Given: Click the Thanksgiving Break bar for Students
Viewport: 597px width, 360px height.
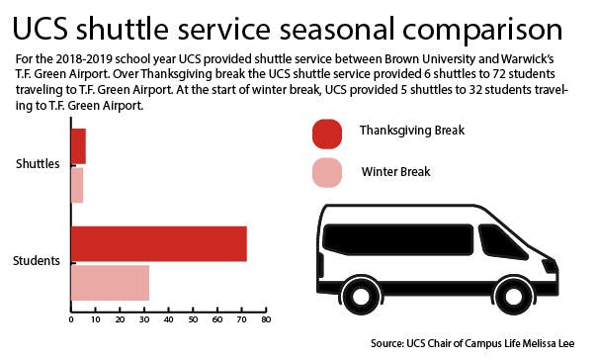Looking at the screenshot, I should pos(158,243).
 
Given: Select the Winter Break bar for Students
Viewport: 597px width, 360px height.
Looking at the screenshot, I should pos(110,282).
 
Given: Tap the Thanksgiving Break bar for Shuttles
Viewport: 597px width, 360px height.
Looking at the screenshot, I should pos(78,146).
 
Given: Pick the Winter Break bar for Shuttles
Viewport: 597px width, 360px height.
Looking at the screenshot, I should pos(76,185).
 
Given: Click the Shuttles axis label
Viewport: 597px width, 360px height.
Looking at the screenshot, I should pos(38,165).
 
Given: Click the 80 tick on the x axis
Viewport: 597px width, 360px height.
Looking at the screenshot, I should pos(265,320).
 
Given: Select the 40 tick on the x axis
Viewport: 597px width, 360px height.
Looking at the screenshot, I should pos(168,320).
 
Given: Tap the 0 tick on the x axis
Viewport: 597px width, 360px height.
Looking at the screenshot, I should pos(71,320).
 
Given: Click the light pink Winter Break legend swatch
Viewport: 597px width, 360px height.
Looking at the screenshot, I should pos(327,172).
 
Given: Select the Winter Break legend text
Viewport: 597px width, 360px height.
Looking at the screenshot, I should pos(394,171).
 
